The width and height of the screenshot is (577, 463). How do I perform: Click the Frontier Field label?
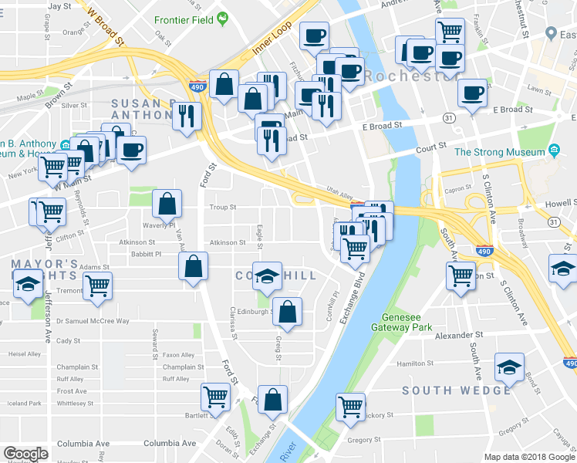[x=183, y=19]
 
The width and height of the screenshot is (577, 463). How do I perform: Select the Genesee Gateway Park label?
[x=415, y=322]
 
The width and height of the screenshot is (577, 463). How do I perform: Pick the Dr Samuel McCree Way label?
[x=92, y=320]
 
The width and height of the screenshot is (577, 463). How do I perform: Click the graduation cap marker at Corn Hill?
[x=267, y=276]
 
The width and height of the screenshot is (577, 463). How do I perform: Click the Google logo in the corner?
[x=25, y=454]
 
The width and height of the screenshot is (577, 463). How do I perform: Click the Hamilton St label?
[x=410, y=363]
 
